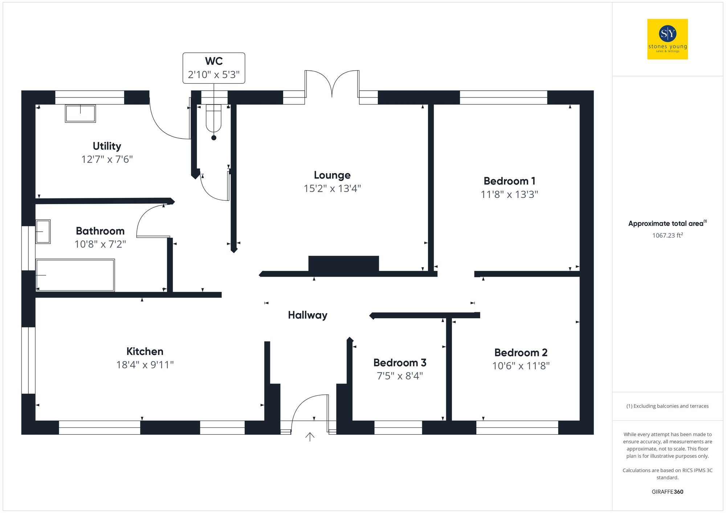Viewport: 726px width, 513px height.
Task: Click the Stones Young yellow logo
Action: click(x=667, y=39)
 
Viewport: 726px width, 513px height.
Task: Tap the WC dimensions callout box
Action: click(x=214, y=68)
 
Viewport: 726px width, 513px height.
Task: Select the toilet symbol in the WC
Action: click(x=213, y=118)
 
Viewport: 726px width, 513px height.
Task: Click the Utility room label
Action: click(x=107, y=146)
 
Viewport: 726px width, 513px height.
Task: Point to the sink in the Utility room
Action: click(x=80, y=113)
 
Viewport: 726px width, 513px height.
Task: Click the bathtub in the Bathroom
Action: click(x=75, y=275)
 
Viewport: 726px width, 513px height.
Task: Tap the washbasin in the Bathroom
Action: click(x=43, y=232)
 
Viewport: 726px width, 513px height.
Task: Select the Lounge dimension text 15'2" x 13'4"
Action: click(x=332, y=189)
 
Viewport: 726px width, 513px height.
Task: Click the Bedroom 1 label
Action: click(x=509, y=181)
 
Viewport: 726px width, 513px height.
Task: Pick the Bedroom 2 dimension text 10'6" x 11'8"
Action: click(x=521, y=366)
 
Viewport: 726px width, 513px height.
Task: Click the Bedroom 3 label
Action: click(x=400, y=363)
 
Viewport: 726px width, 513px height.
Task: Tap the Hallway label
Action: click(x=307, y=315)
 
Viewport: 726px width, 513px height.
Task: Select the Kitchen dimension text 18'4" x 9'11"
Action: click(x=145, y=365)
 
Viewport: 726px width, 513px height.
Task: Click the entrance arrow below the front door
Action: click(x=310, y=437)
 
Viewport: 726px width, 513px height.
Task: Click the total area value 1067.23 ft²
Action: click(x=667, y=236)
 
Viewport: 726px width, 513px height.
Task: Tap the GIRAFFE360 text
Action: click(x=667, y=492)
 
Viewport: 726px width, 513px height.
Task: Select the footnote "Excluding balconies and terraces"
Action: click(x=667, y=406)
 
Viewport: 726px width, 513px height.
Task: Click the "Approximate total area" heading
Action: click(x=666, y=224)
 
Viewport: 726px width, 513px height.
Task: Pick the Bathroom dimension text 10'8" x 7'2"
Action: click(x=100, y=244)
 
